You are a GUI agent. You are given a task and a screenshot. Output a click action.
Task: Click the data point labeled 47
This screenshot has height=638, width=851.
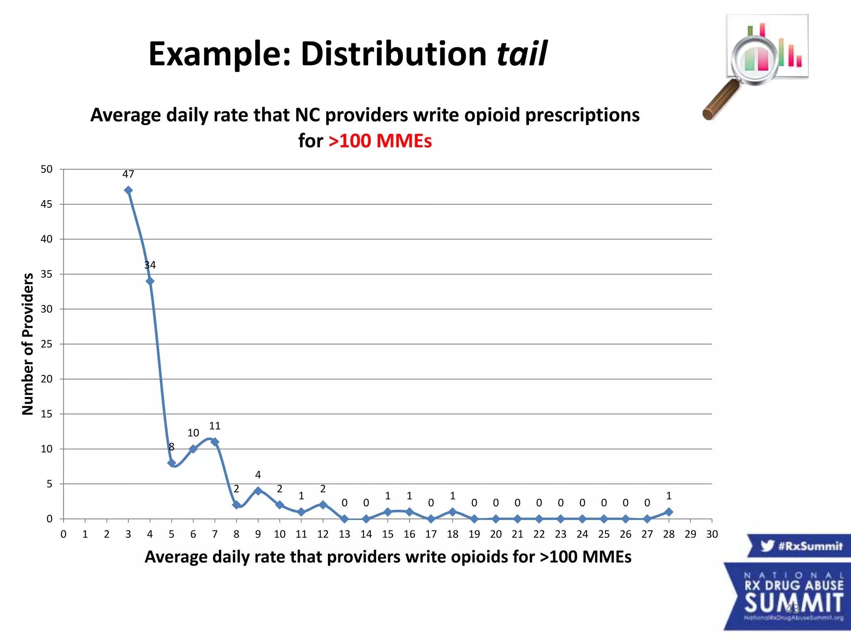tap(128, 190)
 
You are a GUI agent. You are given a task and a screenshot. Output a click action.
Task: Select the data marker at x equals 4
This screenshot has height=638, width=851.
tap(150, 281)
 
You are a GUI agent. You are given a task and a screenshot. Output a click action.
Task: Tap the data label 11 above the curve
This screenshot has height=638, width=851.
tap(214, 426)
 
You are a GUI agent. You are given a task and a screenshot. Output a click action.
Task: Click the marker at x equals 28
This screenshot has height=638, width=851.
tap(669, 512)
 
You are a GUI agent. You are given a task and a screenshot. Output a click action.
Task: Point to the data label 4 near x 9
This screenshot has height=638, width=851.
tap(258, 475)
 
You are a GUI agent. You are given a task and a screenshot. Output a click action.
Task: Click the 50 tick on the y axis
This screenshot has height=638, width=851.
tap(47, 169)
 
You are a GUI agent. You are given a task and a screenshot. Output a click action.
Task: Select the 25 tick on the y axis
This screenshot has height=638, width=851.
tap(47, 344)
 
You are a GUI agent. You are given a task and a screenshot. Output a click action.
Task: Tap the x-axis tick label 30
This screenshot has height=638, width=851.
tap(712, 534)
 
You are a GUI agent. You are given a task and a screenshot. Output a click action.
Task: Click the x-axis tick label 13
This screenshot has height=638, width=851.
tap(344, 534)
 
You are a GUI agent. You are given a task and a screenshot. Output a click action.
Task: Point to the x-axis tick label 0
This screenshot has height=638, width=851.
tap(64, 534)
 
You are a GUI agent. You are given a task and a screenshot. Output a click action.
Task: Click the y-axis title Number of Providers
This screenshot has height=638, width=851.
tap(27, 344)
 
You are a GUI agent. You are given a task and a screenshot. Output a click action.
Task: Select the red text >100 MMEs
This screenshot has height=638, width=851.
tap(380, 141)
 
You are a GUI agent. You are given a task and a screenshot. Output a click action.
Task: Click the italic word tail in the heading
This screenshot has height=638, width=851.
tap(522, 54)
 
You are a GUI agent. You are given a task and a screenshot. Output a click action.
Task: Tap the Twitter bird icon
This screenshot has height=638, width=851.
tap(767, 545)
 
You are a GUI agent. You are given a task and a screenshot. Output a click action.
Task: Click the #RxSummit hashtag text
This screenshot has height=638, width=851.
tap(810, 546)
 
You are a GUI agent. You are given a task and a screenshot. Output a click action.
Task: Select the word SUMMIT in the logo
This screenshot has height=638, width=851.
tap(794, 603)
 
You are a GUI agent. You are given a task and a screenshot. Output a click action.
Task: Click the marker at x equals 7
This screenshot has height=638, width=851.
tap(215, 442)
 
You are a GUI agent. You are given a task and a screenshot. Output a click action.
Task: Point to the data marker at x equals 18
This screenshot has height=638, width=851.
tap(453, 512)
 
